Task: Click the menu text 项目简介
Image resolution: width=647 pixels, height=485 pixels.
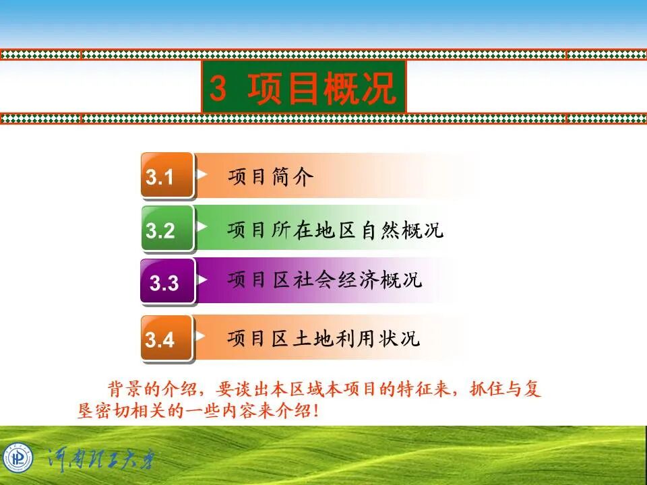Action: click(270, 177)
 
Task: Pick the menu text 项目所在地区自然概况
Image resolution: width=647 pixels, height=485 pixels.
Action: click(335, 230)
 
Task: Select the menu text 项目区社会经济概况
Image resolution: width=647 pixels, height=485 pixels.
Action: click(324, 280)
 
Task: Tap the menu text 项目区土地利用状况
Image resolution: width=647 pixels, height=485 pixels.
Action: click(323, 337)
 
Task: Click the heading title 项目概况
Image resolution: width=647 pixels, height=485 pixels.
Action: click(321, 88)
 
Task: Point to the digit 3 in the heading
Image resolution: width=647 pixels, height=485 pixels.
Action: click(218, 88)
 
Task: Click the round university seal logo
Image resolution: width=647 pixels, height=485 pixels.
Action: click(18, 459)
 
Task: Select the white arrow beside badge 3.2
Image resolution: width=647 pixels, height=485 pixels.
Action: click(202, 226)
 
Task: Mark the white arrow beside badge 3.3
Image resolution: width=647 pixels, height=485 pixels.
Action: click(202, 279)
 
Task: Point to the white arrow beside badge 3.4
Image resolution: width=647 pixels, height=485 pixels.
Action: click(202, 335)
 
